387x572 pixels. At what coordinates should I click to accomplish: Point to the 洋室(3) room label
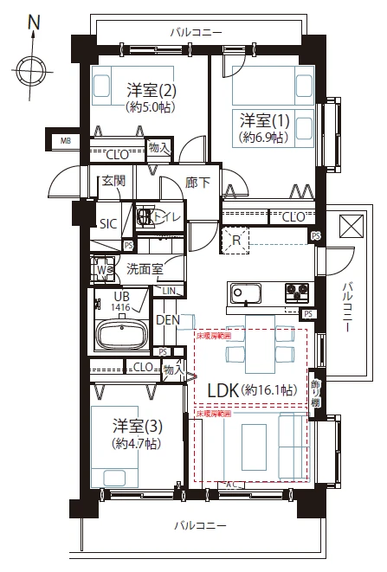(138, 426)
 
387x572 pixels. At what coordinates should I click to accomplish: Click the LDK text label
(223, 390)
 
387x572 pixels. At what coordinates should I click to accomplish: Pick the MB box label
(66, 141)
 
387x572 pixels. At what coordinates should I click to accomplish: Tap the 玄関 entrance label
(113, 181)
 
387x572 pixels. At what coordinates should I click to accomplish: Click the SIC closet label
(108, 223)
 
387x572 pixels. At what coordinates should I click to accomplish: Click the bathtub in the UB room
(123, 334)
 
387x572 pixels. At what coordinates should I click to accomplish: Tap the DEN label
(167, 319)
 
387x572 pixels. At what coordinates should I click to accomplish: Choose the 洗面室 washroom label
(145, 268)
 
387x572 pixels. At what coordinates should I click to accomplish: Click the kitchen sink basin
(243, 292)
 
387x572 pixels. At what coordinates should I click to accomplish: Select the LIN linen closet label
(171, 290)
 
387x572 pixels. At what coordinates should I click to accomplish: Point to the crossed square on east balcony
(350, 226)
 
